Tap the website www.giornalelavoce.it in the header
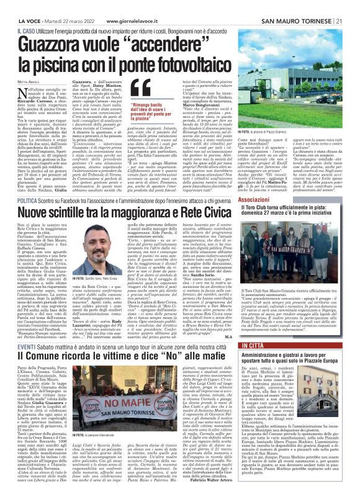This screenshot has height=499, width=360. [131, 5]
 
